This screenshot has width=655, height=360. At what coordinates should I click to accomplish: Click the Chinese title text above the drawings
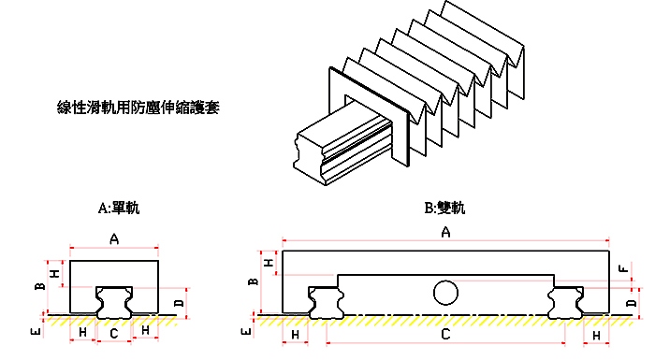(x=138, y=108)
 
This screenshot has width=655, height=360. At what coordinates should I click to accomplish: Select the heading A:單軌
(x=118, y=208)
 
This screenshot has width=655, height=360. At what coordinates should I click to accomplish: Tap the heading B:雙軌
(x=444, y=208)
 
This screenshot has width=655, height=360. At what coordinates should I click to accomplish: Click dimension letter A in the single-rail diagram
(x=114, y=239)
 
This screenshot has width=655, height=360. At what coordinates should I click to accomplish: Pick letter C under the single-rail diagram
(x=113, y=333)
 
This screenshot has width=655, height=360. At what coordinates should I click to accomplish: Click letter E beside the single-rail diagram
(x=35, y=331)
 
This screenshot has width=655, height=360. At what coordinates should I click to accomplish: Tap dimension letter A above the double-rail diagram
(x=445, y=232)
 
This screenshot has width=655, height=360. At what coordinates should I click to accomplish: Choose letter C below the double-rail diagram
(x=446, y=334)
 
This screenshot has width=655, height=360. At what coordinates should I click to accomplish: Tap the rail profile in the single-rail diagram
(x=113, y=301)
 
